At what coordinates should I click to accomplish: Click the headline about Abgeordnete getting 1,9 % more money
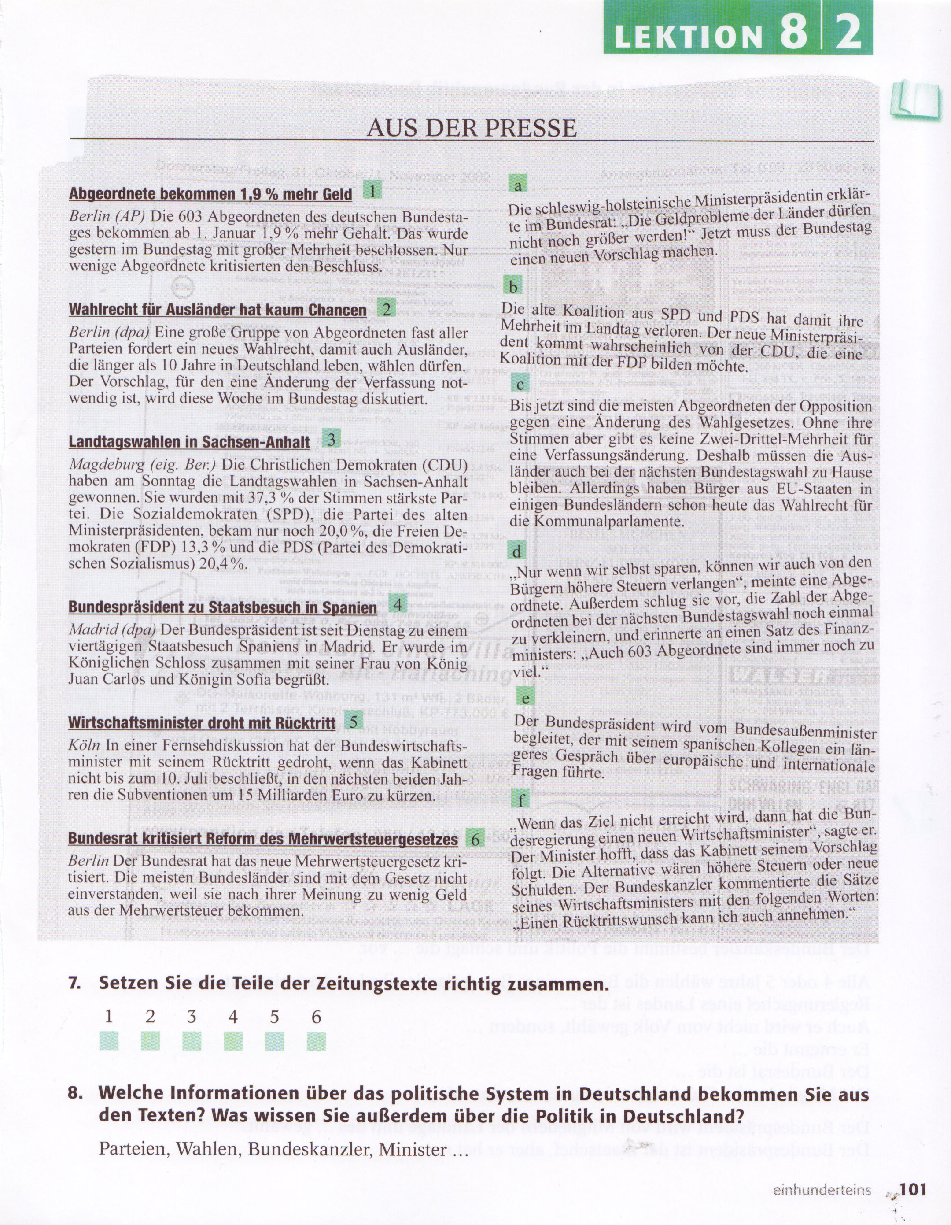(210, 194)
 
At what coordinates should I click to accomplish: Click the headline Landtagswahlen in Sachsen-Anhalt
(189, 441)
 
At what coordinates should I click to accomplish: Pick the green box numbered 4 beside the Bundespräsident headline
(398, 604)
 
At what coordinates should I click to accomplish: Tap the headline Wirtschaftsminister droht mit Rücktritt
(202, 722)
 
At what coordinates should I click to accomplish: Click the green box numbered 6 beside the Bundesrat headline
(475, 839)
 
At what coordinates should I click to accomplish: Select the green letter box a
(518, 185)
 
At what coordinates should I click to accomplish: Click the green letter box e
(525, 698)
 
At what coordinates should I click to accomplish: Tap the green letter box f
(521, 800)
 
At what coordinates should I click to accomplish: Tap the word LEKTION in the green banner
(688, 37)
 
